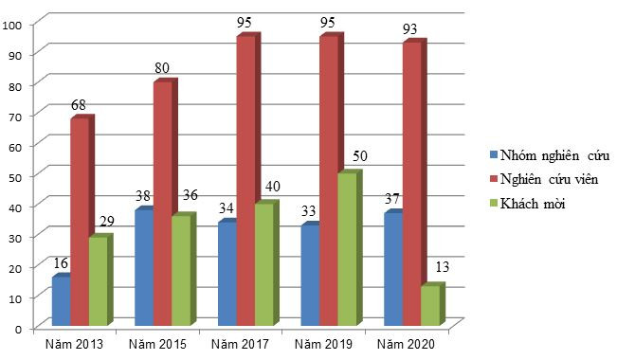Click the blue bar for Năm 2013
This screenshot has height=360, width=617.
point(61,301)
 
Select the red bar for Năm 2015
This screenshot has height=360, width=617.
point(162,204)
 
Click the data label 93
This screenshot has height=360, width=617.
point(409,29)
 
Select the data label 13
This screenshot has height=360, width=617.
point(442,266)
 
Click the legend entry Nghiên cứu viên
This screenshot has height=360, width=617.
point(555,179)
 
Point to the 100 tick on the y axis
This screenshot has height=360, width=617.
point(13,25)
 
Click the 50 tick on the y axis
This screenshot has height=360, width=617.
point(16,175)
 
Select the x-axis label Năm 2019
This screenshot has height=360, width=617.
point(324,342)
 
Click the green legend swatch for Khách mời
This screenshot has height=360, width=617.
point(495,203)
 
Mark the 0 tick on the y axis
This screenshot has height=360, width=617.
point(19,328)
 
